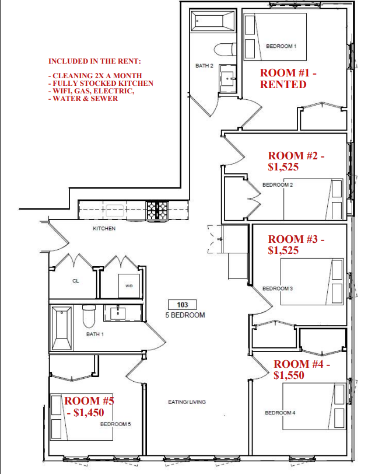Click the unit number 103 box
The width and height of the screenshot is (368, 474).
click(x=182, y=304)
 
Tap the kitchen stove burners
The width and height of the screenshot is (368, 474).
click(x=157, y=210)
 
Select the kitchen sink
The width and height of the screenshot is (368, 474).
click(x=114, y=210)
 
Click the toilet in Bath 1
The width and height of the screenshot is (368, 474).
click(x=89, y=316)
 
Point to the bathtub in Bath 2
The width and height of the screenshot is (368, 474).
click(x=213, y=21)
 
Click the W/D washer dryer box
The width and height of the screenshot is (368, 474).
click(x=129, y=285)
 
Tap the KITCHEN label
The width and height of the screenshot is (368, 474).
click(x=104, y=229)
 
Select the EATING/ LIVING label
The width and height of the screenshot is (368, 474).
click(x=187, y=402)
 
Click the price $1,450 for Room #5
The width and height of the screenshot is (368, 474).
click(x=89, y=413)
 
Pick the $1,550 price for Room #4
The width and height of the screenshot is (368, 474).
click(x=289, y=375)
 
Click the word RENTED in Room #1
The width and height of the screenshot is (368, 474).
click(x=283, y=84)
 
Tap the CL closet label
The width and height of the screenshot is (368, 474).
click(x=76, y=281)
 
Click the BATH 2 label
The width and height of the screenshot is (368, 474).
click(x=204, y=65)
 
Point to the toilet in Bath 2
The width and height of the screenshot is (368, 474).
click(x=225, y=50)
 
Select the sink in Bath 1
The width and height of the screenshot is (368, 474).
click(x=118, y=313)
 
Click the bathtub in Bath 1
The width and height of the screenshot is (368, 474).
click(x=62, y=328)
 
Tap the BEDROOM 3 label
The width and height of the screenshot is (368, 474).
click(x=278, y=288)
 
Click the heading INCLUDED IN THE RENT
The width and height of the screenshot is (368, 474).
click(x=94, y=61)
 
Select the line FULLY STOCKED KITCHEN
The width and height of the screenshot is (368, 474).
click(x=103, y=83)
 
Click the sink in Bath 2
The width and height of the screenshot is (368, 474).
click(x=227, y=79)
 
